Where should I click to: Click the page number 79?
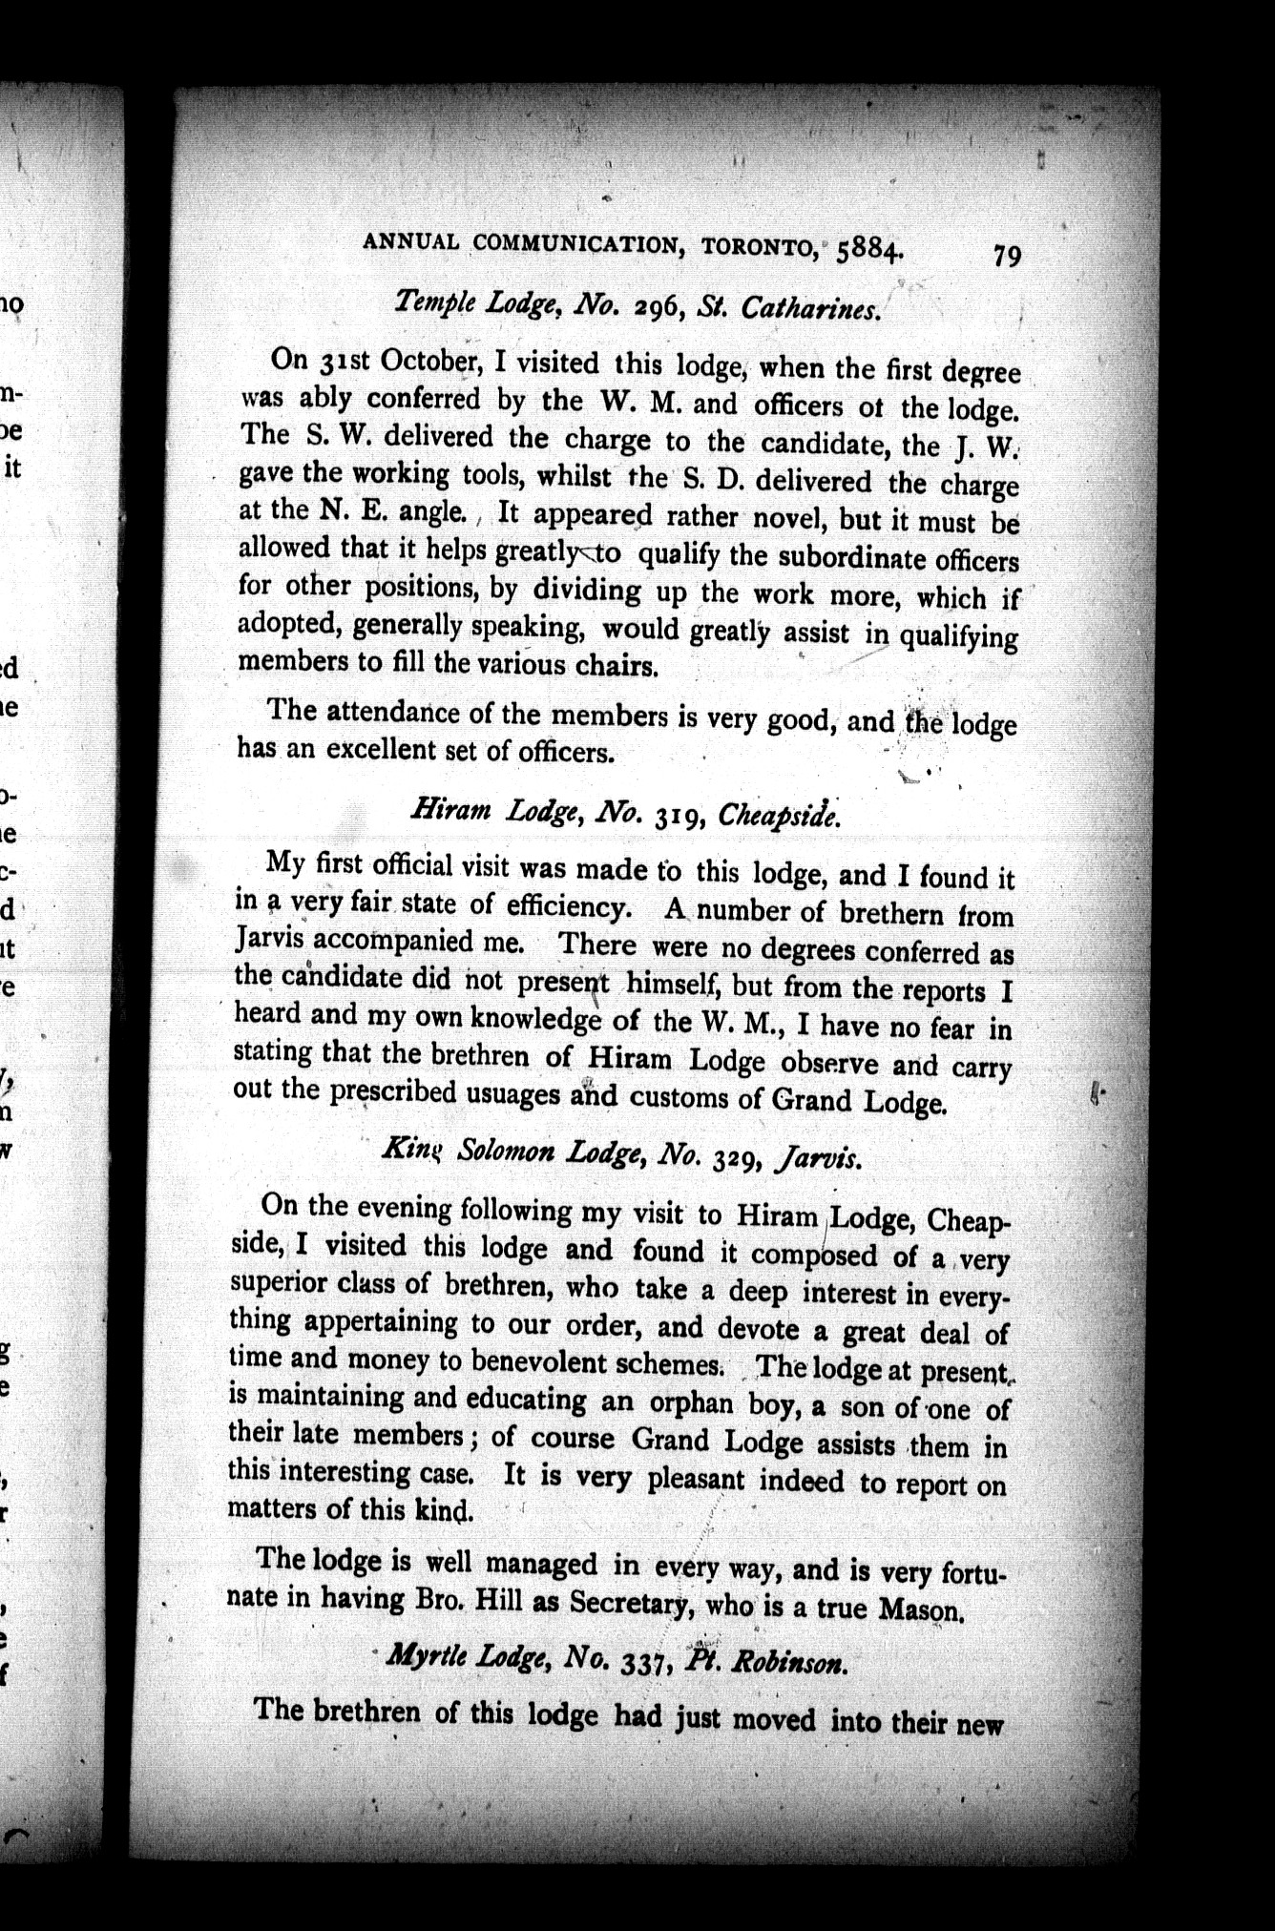1007,256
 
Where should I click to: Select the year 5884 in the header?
868,251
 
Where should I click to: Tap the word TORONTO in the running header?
759,246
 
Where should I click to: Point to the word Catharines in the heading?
810,309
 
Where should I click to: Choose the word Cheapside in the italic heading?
779,816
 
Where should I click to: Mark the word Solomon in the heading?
506,1152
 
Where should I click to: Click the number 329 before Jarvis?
734,1157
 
